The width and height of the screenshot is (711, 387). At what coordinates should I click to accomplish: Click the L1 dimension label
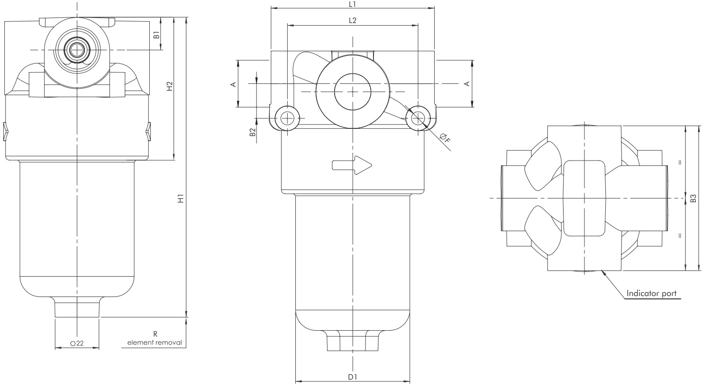tap(352, 4)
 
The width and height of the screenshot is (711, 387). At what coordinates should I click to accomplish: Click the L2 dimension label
tap(352, 20)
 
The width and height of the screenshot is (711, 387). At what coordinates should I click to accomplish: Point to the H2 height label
tap(169, 86)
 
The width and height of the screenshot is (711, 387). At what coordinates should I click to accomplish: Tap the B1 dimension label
tap(155, 34)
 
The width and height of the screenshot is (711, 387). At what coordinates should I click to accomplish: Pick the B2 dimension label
tap(253, 132)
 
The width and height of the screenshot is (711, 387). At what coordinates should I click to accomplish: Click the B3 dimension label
tap(693, 198)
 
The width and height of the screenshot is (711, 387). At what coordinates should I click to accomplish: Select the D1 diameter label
tap(352, 377)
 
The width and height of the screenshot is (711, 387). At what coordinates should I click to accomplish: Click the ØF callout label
tap(444, 138)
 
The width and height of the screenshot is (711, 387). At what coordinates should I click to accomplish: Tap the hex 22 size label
tap(76, 343)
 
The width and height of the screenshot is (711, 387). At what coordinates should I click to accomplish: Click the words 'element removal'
tap(155, 342)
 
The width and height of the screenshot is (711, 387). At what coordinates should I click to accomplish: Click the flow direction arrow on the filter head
tap(352, 165)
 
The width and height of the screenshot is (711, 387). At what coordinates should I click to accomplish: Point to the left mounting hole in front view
tap(287, 117)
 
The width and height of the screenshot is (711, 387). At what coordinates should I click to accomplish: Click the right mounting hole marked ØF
tap(418, 117)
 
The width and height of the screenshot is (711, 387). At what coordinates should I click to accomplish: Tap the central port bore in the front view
tap(352, 90)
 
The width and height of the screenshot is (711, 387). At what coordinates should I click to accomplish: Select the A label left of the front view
tap(232, 84)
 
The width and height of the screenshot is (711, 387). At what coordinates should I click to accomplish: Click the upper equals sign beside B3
tap(680, 162)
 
